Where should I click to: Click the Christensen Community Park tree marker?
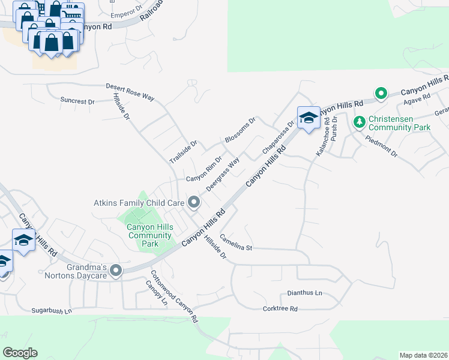360,122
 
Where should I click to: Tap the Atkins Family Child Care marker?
194,203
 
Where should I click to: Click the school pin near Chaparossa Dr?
309,118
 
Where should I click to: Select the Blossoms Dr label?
240,130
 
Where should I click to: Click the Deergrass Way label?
223,174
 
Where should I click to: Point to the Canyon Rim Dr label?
203,170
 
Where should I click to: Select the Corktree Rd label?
280,309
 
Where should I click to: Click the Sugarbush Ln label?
52,311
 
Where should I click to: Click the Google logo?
20,353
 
